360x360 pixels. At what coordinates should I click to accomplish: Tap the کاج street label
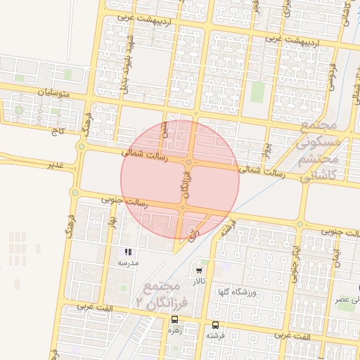coord(56,131)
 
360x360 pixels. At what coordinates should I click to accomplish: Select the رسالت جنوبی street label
coord(124,202)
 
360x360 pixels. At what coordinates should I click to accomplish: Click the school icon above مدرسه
coord(128,252)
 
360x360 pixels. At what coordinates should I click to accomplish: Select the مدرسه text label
coord(128,262)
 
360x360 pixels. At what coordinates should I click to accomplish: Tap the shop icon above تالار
coord(199,271)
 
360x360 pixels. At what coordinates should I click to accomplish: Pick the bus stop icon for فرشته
coord(215,325)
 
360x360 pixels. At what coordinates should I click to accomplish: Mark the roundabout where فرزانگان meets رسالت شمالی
coord(189,163)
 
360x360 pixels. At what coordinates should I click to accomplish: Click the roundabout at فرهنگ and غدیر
coord(82,147)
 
